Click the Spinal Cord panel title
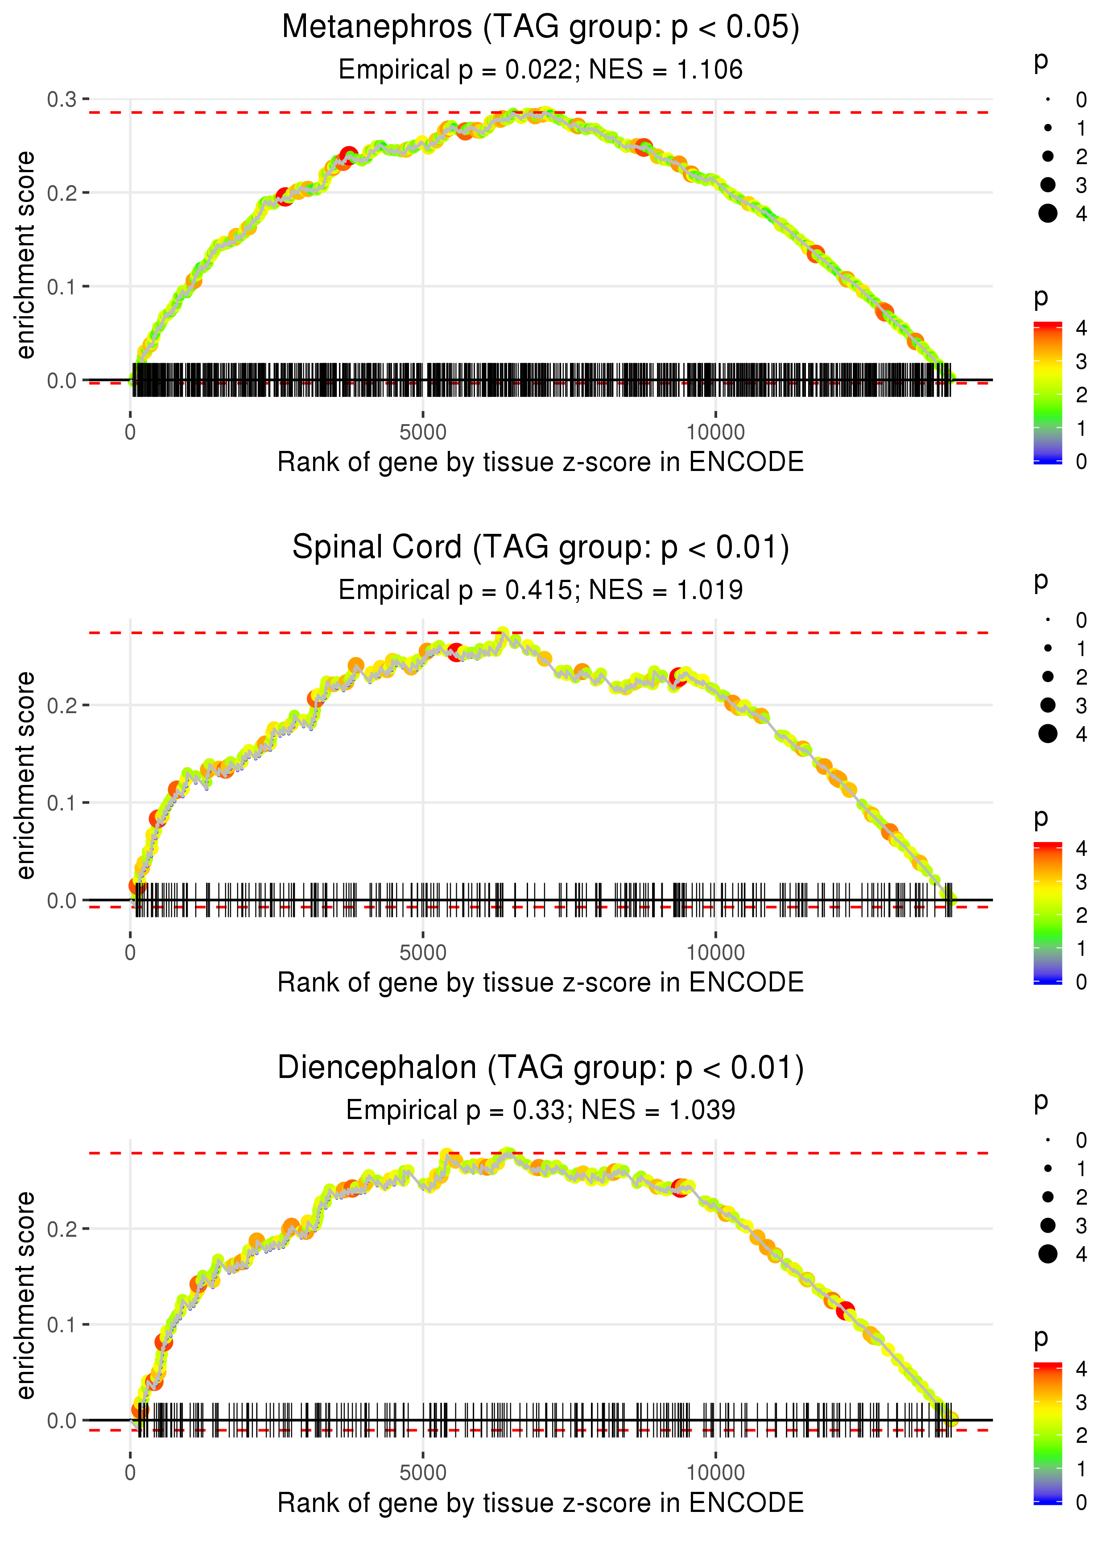point(541,548)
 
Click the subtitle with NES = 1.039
point(541,1110)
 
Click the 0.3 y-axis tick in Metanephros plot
point(62,99)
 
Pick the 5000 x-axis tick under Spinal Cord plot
point(423,953)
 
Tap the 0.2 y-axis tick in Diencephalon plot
point(62,1229)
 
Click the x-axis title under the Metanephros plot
point(541,463)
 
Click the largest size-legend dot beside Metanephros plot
point(1048,214)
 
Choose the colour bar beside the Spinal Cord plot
point(1048,913)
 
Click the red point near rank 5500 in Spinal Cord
point(455,652)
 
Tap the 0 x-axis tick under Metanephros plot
point(130,433)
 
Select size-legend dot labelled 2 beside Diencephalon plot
point(1048,1197)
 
